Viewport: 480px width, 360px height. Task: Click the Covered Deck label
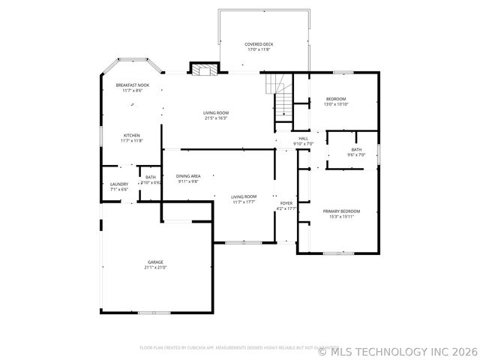(x=259, y=44)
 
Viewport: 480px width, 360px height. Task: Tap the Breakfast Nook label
(x=133, y=85)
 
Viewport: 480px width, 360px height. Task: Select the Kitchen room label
(x=132, y=136)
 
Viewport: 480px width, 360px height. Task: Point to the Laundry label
(x=119, y=184)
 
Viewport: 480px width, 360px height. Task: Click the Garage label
(x=155, y=262)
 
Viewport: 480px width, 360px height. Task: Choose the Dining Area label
(x=189, y=176)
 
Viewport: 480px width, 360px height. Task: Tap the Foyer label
(x=286, y=203)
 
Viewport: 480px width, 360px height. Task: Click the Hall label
(x=304, y=139)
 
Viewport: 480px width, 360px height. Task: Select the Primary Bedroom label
(x=342, y=211)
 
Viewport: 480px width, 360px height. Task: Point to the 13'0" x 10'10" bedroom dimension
(x=336, y=104)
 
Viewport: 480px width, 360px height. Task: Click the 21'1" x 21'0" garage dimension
(x=155, y=268)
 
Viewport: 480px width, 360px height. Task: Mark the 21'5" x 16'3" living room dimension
(x=216, y=118)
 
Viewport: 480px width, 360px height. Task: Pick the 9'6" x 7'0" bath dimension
(x=356, y=154)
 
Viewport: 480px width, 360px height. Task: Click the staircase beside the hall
(x=281, y=97)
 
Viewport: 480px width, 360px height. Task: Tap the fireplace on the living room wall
(x=202, y=70)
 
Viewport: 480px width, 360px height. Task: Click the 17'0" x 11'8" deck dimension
(x=259, y=49)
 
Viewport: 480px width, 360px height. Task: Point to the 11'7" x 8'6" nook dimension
(x=133, y=91)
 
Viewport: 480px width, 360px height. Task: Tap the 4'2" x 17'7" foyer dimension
(x=286, y=208)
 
